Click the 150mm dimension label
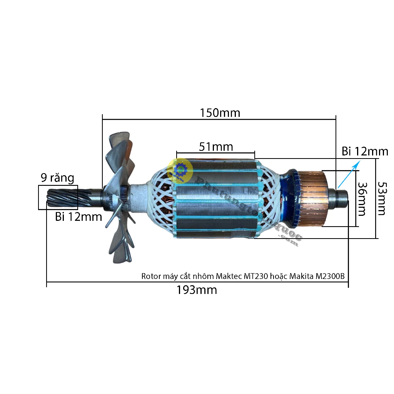click(220, 113)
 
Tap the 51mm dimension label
click(216, 147)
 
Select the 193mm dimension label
click(197, 290)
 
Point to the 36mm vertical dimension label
click(362, 199)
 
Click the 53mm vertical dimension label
click(382, 199)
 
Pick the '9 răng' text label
click(58, 178)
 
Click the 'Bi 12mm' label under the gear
click(78, 217)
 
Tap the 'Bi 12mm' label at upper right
click(365, 151)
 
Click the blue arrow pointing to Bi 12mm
click(349, 174)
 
